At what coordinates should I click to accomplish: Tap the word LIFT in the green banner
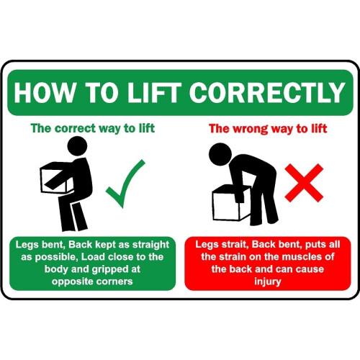point(160,94)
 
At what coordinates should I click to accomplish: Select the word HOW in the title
point(42,94)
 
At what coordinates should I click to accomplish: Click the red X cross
point(303,181)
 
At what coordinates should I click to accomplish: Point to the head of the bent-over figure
point(218,153)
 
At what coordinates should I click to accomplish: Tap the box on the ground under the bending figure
point(230,202)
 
